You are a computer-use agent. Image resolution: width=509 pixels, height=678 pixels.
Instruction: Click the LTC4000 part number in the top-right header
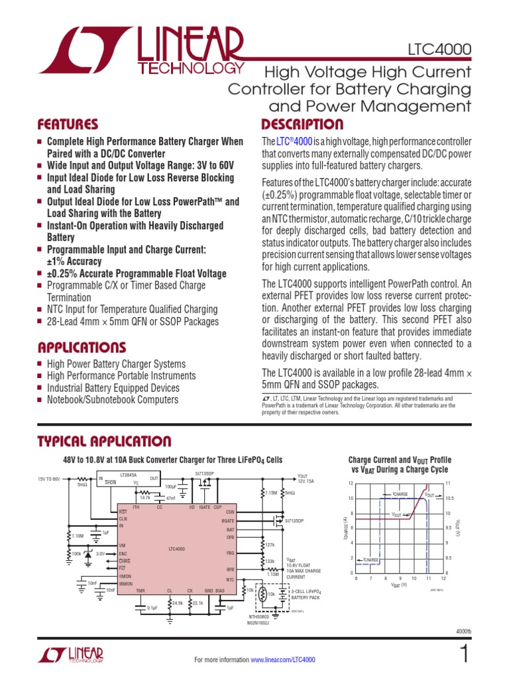coord(440,49)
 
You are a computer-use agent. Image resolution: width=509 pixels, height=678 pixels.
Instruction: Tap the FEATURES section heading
coord(68,124)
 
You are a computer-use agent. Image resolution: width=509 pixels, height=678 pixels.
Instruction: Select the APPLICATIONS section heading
coord(82,348)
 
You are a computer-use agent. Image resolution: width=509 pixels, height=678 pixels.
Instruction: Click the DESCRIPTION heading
coord(302,124)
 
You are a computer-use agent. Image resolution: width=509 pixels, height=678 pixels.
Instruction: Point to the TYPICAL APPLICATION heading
coord(104,442)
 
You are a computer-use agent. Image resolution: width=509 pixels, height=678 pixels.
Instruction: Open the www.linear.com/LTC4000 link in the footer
coord(282,659)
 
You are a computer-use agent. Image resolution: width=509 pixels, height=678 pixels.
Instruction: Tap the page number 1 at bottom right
coord(463,654)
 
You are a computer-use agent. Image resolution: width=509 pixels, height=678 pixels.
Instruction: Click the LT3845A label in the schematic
coord(129,475)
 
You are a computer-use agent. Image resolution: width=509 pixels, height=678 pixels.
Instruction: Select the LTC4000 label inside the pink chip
coord(176,549)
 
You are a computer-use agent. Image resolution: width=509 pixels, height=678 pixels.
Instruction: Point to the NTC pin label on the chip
coord(230,579)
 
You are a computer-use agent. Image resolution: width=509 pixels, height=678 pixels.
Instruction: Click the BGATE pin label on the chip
coord(229,520)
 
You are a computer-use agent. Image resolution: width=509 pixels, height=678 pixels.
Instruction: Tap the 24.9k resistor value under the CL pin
coord(177,603)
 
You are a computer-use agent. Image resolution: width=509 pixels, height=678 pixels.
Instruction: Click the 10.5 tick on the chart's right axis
coord(449,499)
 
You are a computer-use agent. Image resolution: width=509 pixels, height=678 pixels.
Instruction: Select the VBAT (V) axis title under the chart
coord(398,585)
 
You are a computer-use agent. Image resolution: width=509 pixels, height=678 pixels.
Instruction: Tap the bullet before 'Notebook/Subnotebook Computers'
coord(40,400)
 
